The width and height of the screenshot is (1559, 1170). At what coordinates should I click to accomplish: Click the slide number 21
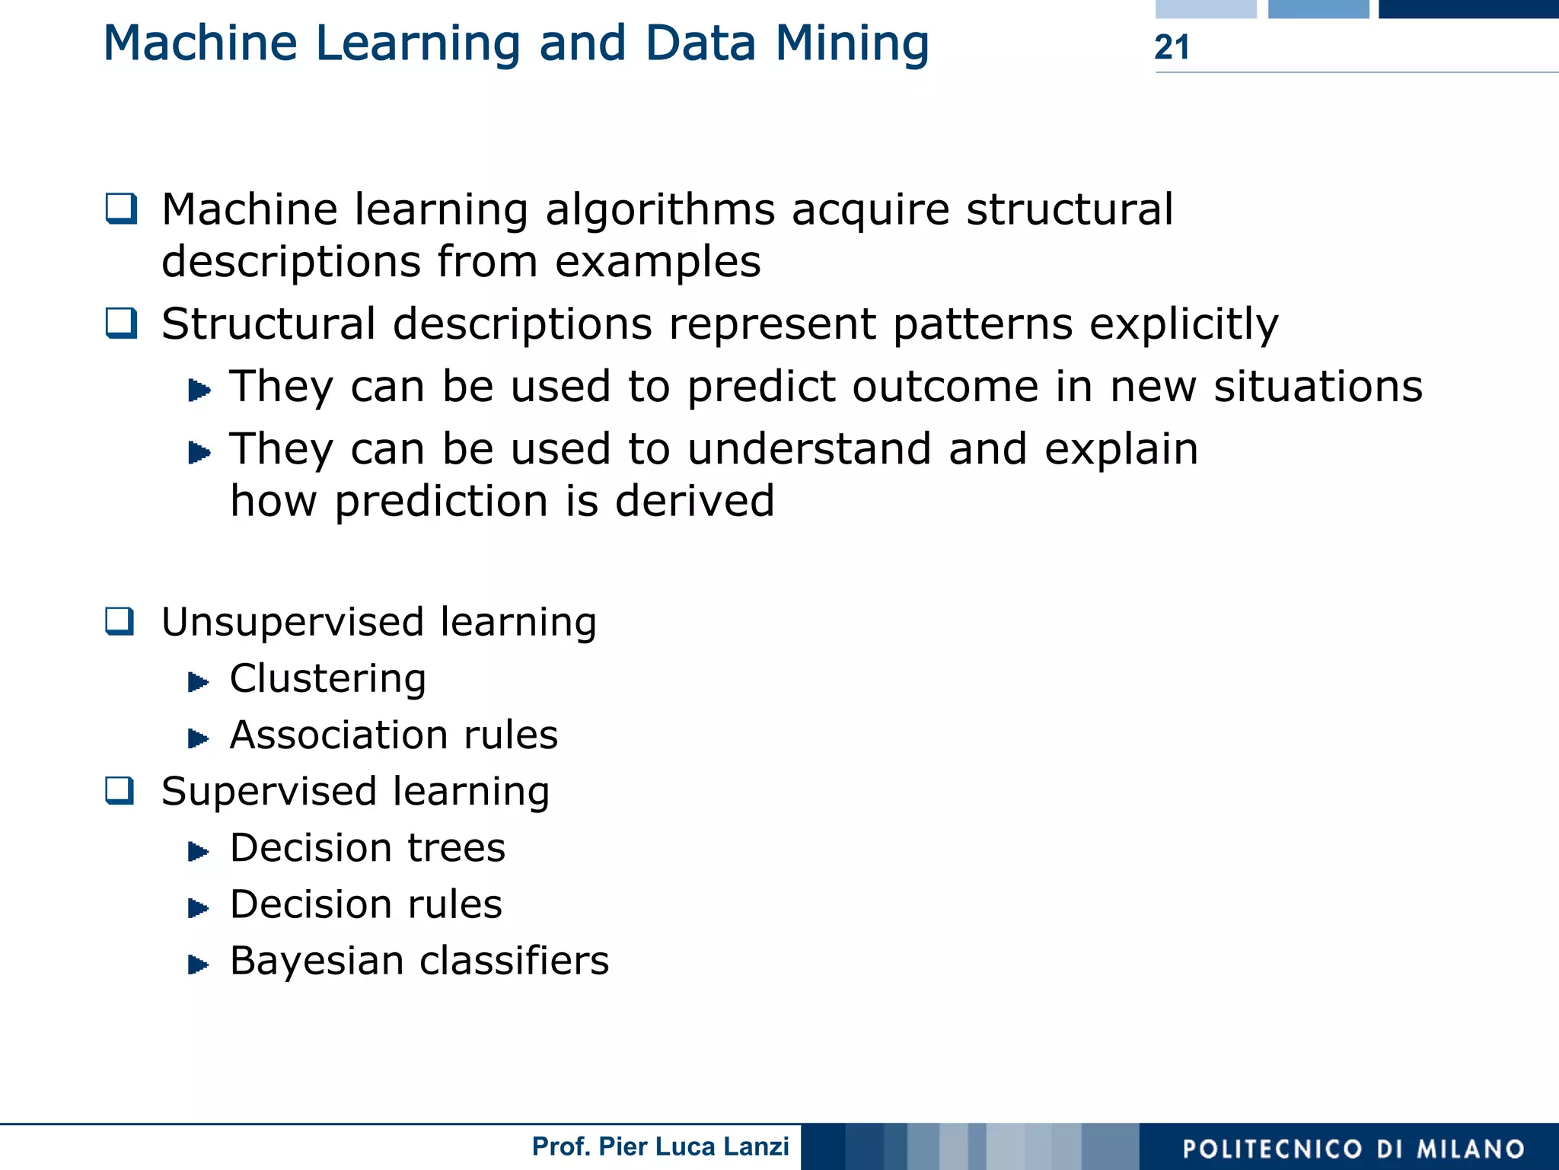tap(1172, 47)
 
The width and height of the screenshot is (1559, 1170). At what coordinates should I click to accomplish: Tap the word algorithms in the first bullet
tap(661, 209)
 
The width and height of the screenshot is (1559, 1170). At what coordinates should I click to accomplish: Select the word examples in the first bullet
tap(658, 262)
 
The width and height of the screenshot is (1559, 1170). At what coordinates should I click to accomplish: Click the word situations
tap(1318, 386)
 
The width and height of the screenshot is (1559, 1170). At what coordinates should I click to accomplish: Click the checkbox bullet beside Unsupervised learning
tap(120, 622)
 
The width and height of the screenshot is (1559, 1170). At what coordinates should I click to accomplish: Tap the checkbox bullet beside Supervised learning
tap(120, 791)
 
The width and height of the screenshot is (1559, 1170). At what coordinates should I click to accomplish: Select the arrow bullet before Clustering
tap(198, 681)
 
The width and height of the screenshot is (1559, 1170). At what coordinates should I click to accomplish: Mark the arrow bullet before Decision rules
tap(198, 907)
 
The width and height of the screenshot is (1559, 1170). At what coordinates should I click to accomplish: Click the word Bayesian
tap(317, 961)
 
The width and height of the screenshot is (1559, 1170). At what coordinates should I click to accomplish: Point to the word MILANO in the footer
tap(1471, 1149)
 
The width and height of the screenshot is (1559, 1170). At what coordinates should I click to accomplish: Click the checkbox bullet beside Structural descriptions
tap(121, 324)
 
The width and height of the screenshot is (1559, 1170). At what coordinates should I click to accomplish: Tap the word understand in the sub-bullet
tap(809, 448)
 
